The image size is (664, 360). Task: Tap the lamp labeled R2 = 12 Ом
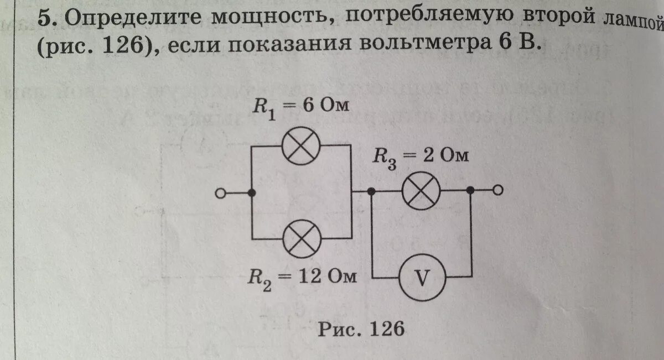[300, 239]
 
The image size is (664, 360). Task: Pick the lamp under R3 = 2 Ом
[421, 191]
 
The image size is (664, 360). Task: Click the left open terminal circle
[220, 193]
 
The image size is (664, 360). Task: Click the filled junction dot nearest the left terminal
[252, 193]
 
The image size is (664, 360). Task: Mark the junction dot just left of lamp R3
[371, 191]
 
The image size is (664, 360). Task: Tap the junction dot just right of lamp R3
[470, 191]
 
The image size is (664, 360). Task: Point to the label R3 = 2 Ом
[420, 157]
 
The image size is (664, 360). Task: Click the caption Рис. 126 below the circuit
[361, 330]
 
